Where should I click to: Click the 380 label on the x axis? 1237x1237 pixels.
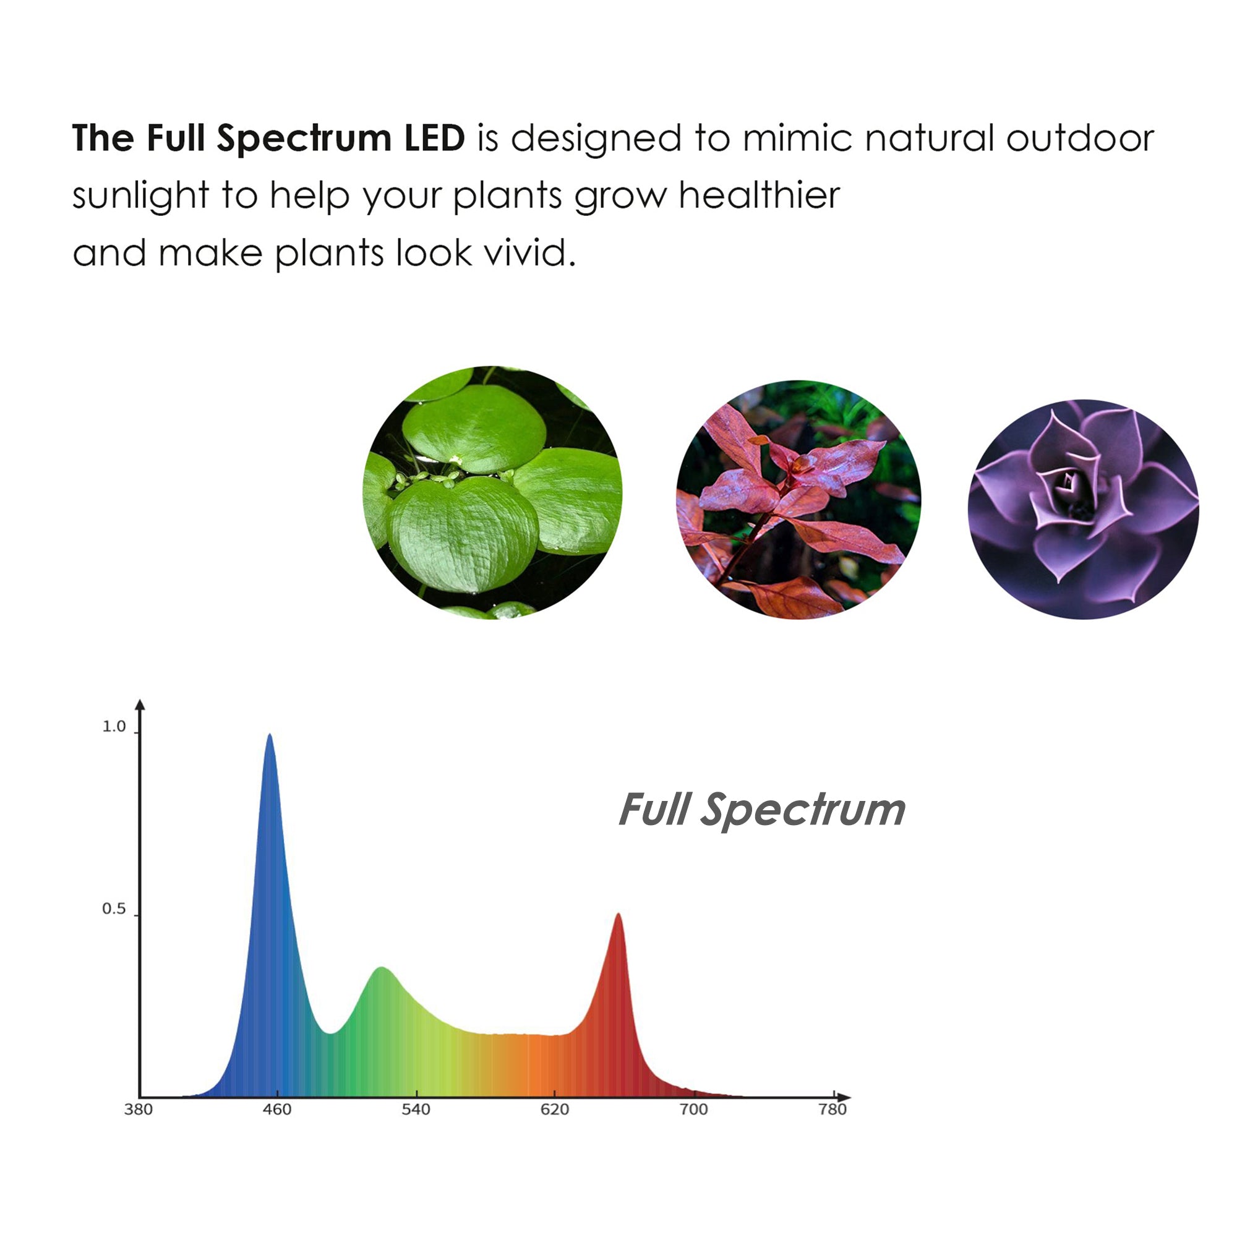point(139,1110)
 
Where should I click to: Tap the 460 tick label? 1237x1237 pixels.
point(276,1110)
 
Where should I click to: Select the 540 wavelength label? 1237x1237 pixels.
point(416,1110)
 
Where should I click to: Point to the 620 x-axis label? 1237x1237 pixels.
point(554,1110)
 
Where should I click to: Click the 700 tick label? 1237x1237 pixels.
point(693,1110)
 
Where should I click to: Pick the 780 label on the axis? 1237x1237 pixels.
point(833,1110)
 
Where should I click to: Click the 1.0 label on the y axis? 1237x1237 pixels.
point(114,727)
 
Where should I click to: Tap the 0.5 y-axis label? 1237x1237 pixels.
point(114,909)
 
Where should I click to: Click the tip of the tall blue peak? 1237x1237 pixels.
point(270,735)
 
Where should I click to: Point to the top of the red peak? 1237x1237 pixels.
point(618,915)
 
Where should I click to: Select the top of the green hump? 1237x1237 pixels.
point(382,968)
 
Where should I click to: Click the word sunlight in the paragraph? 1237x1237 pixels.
point(140,196)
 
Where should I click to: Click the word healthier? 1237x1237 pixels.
point(759,195)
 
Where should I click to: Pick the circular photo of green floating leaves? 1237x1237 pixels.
point(492,492)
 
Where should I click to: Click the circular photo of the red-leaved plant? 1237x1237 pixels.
point(798,500)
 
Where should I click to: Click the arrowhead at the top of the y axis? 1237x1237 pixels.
point(140,704)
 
